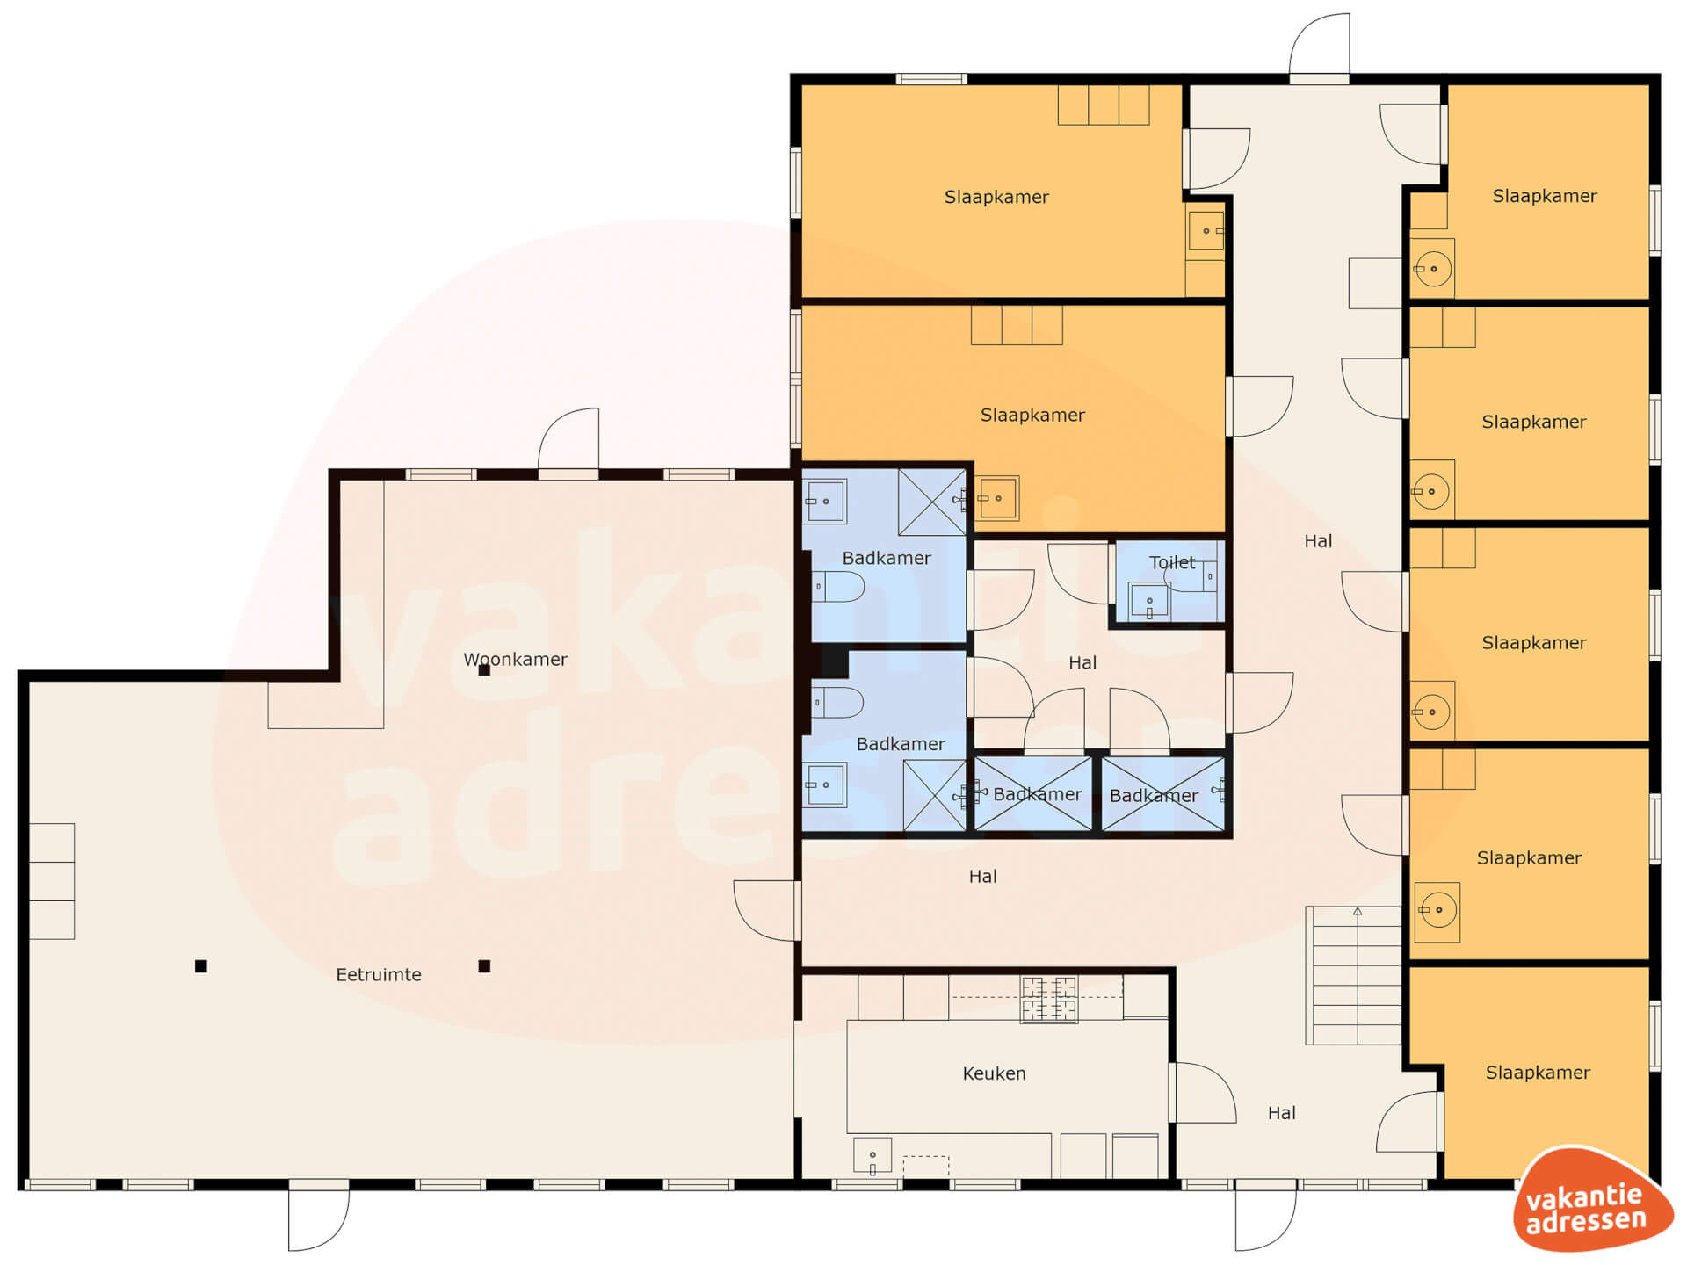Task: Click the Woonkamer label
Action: click(515, 659)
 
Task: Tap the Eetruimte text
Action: click(379, 974)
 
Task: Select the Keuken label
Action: click(994, 1073)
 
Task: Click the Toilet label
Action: click(1172, 562)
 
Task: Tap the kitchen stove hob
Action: click(1048, 1000)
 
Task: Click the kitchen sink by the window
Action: click(872, 1155)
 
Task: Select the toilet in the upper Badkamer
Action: click(837, 586)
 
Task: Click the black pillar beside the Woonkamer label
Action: click(484, 670)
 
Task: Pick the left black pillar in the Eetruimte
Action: click(201, 966)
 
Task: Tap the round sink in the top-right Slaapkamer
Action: click(1433, 269)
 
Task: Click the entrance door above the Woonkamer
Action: click(568, 442)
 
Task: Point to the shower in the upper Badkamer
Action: click(932, 502)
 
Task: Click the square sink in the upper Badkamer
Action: click(825, 502)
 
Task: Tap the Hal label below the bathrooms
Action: click(982, 877)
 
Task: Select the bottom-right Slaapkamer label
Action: click(1538, 1073)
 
